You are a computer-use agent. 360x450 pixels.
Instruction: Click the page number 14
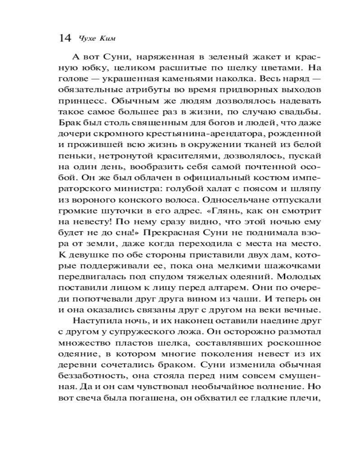65,38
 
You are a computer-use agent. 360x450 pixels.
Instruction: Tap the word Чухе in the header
88,38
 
